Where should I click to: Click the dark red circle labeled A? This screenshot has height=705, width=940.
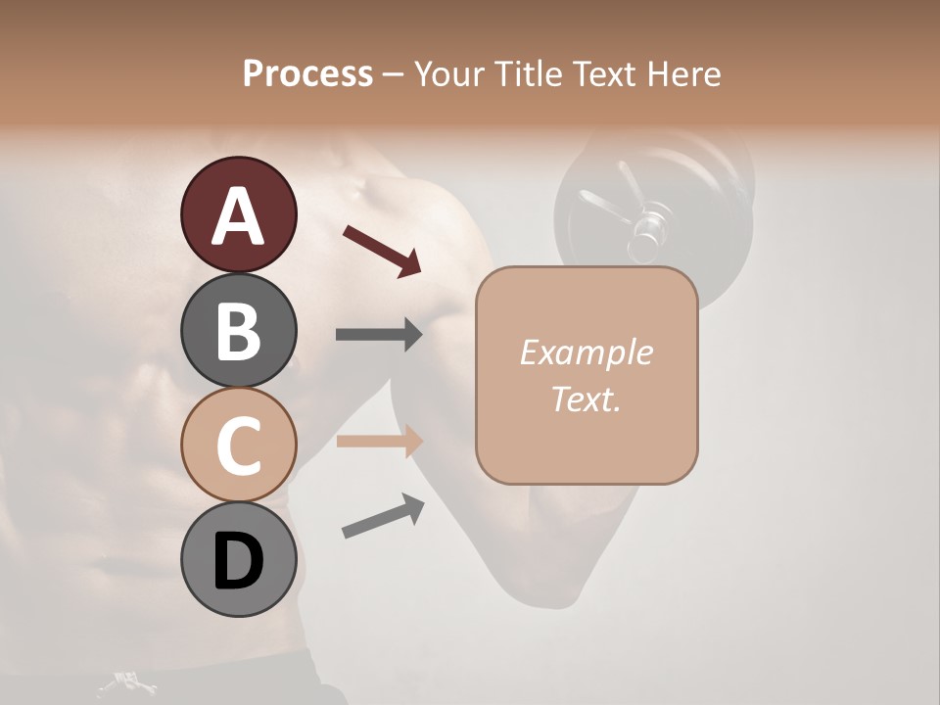point(238,214)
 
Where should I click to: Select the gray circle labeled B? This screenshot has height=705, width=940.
point(238,330)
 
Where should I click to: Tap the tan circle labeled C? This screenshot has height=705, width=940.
point(238,445)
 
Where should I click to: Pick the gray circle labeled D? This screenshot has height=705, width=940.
point(238,559)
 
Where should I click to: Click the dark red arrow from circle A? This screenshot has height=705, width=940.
point(382,250)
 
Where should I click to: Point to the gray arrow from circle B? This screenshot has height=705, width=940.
point(379,335)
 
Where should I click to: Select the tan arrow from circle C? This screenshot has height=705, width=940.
point(379,441)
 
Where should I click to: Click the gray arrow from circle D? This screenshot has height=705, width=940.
point(383,516)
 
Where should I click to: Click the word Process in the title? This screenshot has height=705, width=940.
point(307,73)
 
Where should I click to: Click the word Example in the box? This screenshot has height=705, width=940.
point(586,352)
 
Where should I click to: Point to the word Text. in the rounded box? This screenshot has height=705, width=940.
point(586,399)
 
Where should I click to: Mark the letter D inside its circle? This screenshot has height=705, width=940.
point(238,561)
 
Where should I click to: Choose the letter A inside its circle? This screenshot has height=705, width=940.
point(238,216)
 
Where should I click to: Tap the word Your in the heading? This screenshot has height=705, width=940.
point(449,73)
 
